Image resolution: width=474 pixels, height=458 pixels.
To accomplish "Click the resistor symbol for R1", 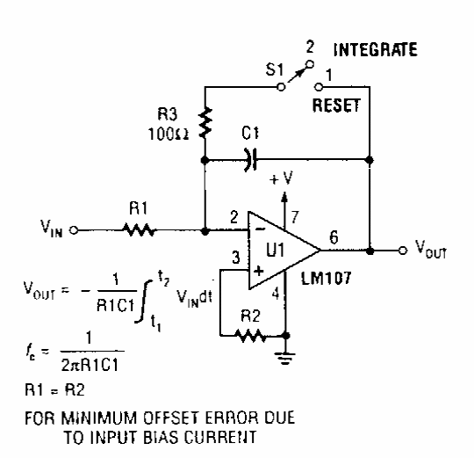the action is pos(139,230).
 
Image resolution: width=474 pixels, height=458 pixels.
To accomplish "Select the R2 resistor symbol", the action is pos(250,336).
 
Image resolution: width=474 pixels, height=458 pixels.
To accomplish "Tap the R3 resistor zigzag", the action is pos(205,122).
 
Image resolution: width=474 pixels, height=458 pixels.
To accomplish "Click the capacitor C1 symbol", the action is pos(251,159).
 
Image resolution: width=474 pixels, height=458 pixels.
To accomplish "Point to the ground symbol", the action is pos(285,358).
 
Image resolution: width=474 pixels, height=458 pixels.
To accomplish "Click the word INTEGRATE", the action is pos(375,50).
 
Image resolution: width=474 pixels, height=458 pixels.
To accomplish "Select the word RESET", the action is pos(336,105).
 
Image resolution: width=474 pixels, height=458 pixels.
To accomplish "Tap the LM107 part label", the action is pos(327,278).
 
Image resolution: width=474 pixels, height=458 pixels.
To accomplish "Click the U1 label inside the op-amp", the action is pos(276,250).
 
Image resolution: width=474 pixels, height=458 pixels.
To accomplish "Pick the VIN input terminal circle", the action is pos(74,230).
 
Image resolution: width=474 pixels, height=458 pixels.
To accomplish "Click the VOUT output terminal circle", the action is pos(403,251).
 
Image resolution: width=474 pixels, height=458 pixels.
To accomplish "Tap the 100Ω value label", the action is pos(168,134).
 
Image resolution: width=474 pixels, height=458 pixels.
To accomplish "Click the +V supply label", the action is pos(281,178).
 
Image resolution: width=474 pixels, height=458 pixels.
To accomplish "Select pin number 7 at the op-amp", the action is pos(295,217).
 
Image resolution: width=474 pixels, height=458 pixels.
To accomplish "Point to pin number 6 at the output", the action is pos(334,237).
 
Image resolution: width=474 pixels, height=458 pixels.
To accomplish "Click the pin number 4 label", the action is pos(276,293).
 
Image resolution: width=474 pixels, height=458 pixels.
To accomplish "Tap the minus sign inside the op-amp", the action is pos(261,229).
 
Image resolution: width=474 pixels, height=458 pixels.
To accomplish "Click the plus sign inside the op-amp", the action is pos(258,271).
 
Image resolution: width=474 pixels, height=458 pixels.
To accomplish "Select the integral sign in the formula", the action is pos(143,302).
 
